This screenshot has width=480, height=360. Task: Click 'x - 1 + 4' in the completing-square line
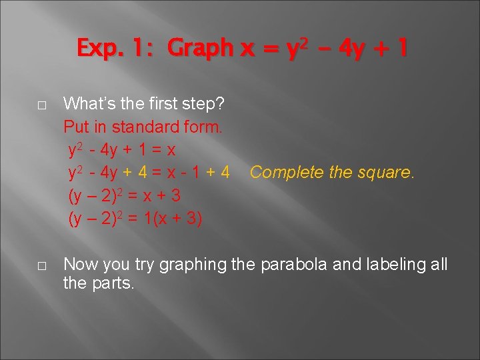click(x=200, y=173)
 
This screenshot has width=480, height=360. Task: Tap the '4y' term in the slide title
click(x=347, y=49)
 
